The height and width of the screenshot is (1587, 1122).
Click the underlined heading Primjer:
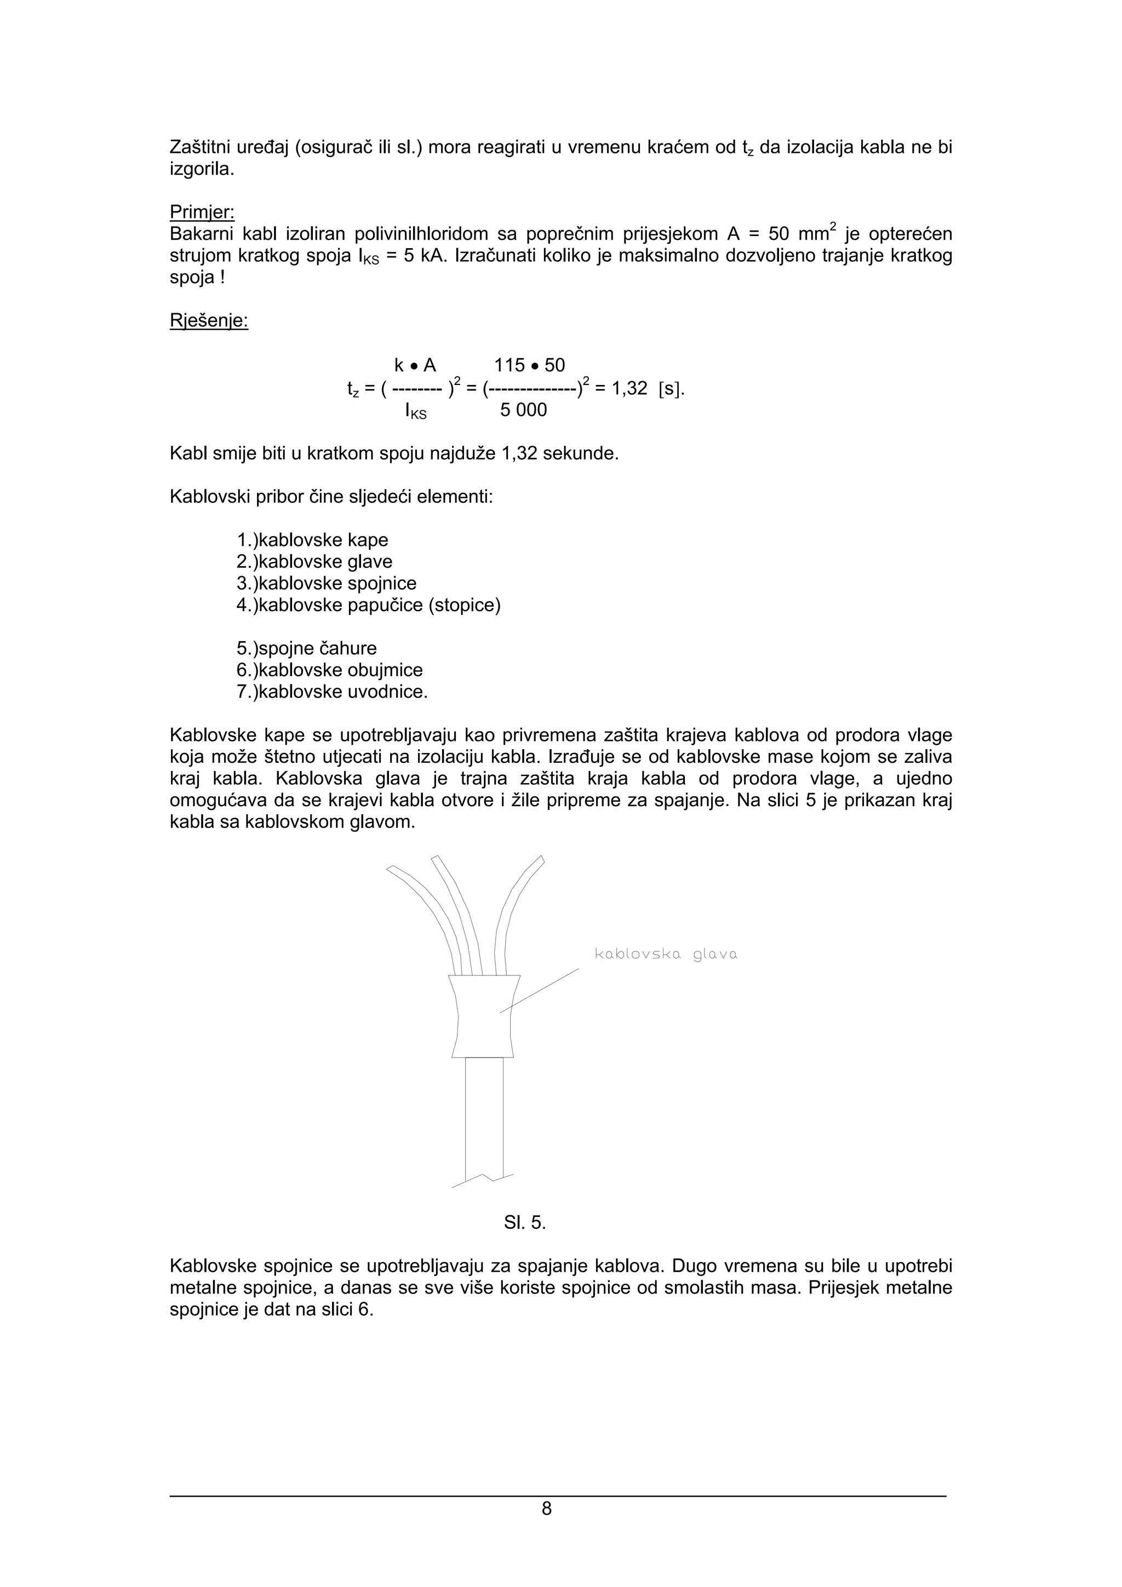pos(202,212)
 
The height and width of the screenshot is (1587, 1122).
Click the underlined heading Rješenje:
pos(209,321)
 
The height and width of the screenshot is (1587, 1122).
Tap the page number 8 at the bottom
pos(546,1508)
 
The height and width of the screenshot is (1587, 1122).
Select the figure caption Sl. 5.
pos(525,1223)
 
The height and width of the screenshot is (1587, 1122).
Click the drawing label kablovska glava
pos(666,955)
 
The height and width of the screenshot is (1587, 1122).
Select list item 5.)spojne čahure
pos(306,648)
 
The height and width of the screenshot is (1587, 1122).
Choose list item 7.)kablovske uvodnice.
pos(333,692)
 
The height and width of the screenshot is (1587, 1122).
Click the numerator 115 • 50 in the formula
pos(530,365)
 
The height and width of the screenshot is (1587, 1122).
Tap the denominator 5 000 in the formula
pos(523,410)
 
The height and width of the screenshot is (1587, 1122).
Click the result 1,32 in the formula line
pos(629,388)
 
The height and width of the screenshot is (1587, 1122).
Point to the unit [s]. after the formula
pos(671,388)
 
